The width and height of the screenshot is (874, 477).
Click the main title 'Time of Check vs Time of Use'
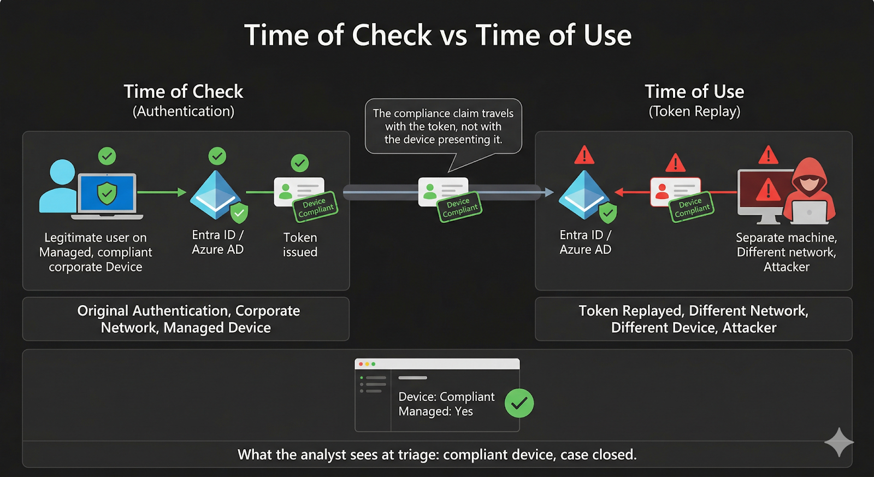tap(438, 36)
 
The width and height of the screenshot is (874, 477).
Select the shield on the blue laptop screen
tap(107, 193)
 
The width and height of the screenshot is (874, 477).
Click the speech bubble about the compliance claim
tap(443, 126)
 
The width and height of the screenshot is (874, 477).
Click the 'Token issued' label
tap(300, 245)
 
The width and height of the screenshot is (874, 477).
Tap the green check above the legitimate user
tap(107, 156)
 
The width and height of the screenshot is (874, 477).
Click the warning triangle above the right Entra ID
tap(584, 156)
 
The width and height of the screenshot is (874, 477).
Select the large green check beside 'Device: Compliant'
tap(519, 403)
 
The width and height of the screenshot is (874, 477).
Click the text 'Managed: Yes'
tap(436, 411)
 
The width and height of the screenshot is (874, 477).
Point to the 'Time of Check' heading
tap(183, 91)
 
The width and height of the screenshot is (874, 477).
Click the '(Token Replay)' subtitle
tap(694, 111)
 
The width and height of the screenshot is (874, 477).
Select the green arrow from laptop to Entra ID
tap(161, 192)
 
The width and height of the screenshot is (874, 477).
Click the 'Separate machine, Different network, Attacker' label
tap(786, 252)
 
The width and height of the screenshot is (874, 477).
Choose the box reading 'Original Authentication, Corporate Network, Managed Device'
tap(186, 319)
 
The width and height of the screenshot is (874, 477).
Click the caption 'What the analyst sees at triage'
tap(437, 455)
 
